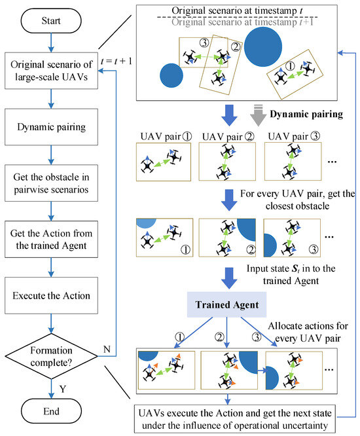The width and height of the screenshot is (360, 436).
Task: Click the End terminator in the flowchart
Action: [x=50, y=412]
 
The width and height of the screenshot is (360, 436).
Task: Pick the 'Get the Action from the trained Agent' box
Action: [x=50, y=238]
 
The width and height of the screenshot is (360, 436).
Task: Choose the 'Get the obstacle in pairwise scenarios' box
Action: [x=50, y=181]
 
